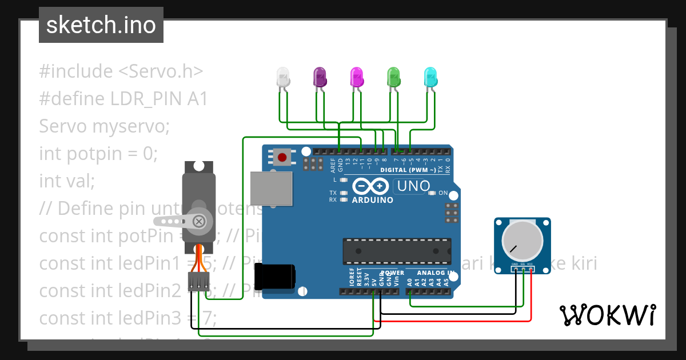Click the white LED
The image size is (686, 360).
coord(283,77)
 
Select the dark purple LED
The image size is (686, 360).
coord(320,77)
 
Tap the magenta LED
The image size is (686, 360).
coord(356,77)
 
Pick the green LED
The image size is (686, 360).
coord(393,77)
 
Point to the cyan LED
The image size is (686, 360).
coord(430,77)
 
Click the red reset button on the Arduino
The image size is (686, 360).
coord(281,157)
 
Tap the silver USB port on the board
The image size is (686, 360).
coord(271,187)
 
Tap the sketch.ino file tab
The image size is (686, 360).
coord(101,25)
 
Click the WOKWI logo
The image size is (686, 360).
coord(607,315)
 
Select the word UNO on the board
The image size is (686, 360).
coord(413,186)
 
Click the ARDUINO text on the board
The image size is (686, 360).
coord(372,200)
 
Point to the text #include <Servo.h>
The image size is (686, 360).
coord(121,71)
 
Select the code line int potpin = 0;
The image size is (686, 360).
coord(98,153)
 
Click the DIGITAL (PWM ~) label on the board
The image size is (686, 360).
coord(408,170)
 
